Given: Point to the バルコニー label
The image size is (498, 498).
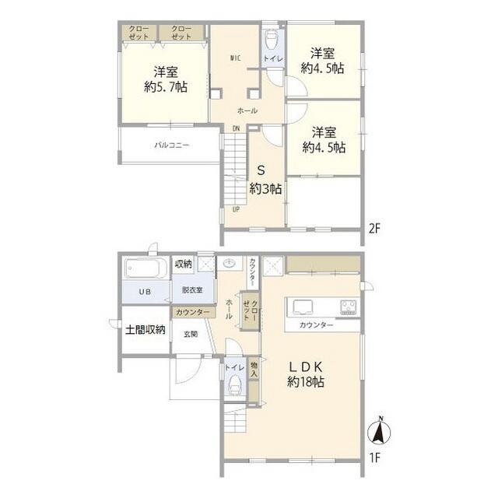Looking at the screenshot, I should click(x=170, y=145).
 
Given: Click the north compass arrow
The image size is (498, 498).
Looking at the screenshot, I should click(x=381, y=430).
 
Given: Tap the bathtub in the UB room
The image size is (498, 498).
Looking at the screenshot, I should click(x=144, y=270).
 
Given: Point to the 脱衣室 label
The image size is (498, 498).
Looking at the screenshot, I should click(x=192, y=290).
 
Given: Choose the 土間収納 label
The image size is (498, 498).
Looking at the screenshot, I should click(x=146, y=329).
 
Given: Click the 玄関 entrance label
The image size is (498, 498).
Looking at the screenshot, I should click(x=191, y=334).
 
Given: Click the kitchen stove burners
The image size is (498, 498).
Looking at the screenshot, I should click(x=347, y=306).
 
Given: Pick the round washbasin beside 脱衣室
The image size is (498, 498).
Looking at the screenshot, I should click(x=230, y=264).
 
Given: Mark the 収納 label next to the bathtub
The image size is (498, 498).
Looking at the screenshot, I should click(x=184, y=264).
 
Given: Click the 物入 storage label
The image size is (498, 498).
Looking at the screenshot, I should click(x=254, y=374).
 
